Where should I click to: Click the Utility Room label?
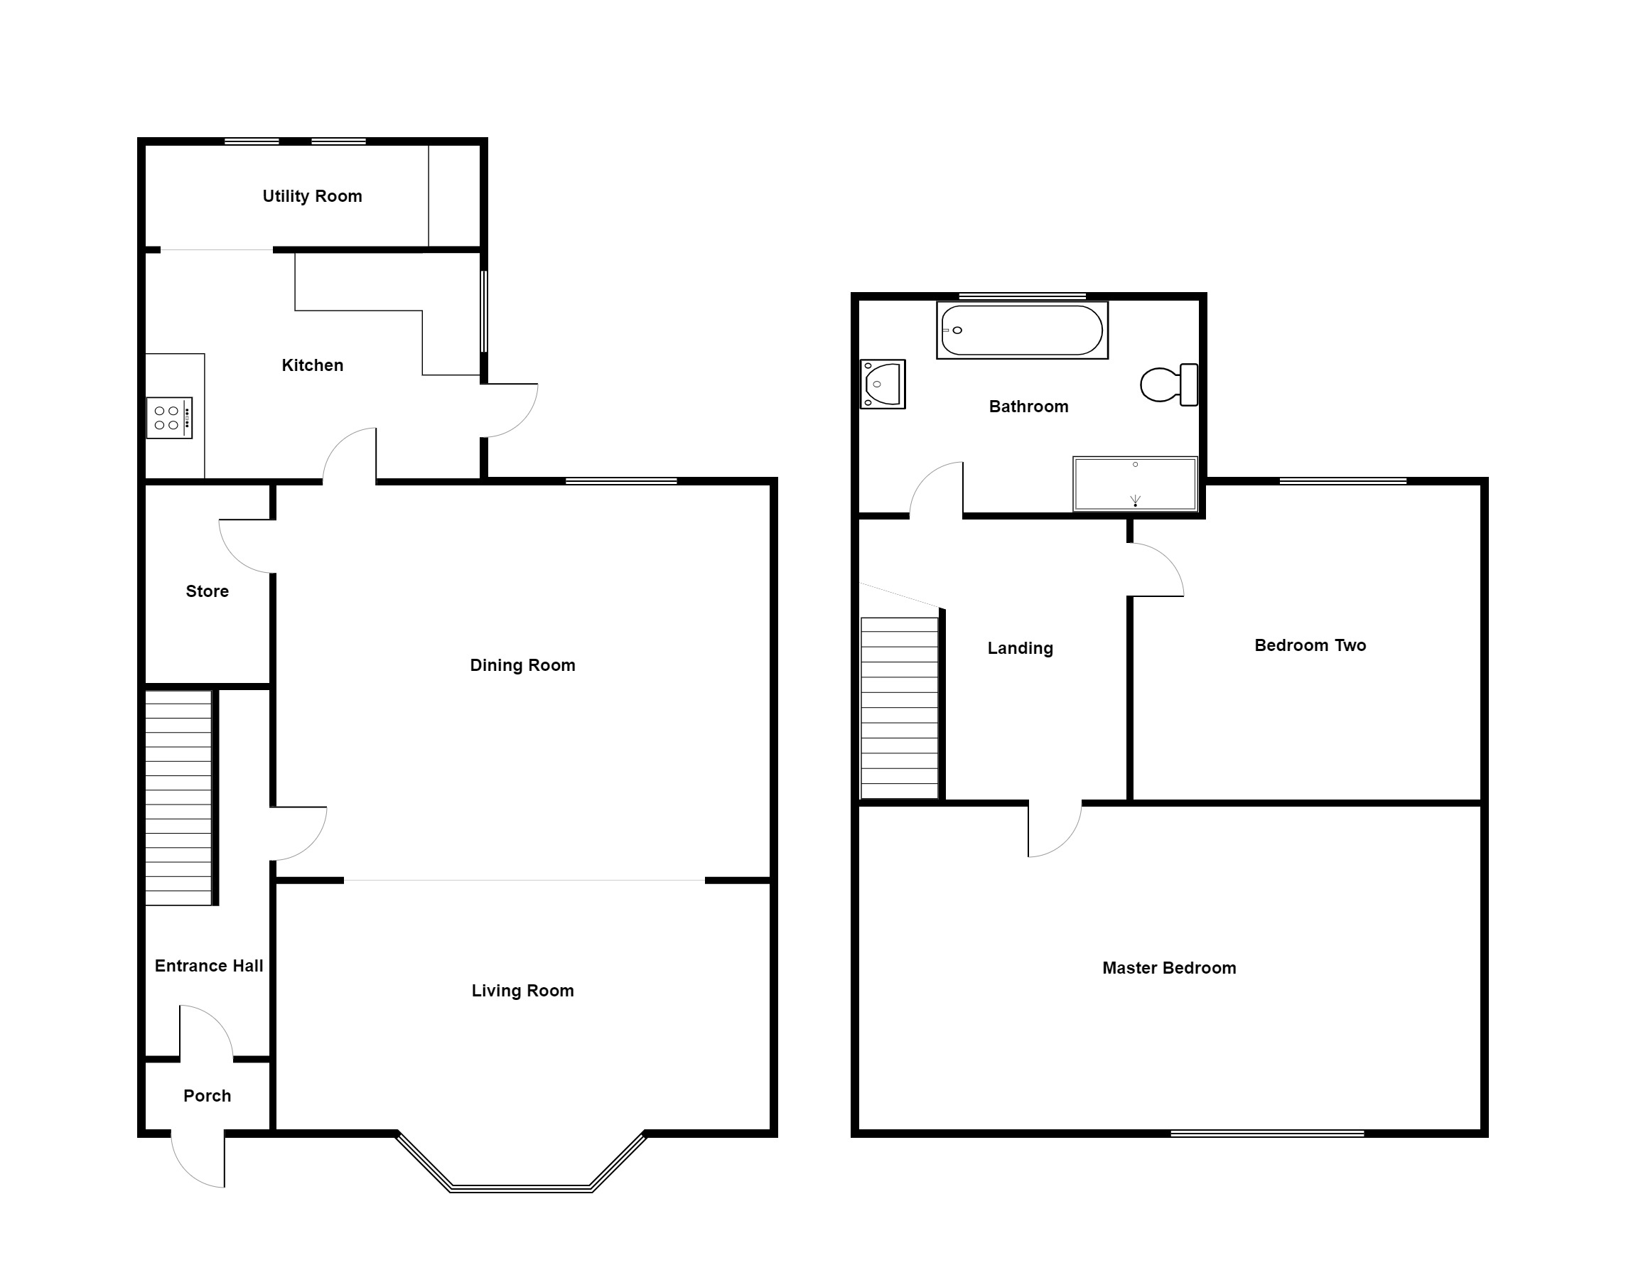[x=312, y=196]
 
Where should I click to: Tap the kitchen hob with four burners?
[x=168, y=418]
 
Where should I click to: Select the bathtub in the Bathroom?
[x=1021, y=330]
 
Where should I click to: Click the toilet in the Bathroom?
[x=1168, y=385]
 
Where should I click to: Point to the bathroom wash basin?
[x=883, y=384]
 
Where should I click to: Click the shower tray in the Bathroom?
[x=1135, y=484]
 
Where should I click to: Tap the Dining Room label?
[x=522, y=665]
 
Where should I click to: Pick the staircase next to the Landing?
[x=899, y=708]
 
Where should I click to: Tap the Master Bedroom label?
[x=1168, y=968]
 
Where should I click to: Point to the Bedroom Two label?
[x=1310, y=646]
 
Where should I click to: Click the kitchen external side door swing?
[x=509, y=410]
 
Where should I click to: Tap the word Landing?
[x=1020, y=649]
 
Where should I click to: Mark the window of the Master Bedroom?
[x=1267, y=1134]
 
